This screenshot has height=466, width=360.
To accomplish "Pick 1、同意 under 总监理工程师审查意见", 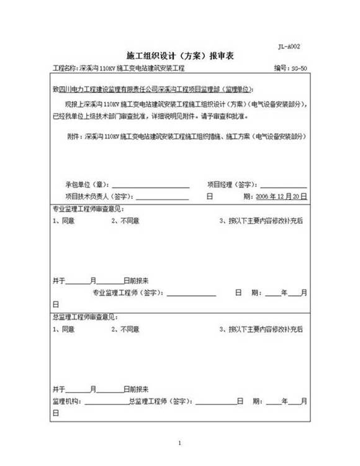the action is point(64,329).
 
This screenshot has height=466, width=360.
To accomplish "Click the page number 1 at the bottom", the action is point(179,443).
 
